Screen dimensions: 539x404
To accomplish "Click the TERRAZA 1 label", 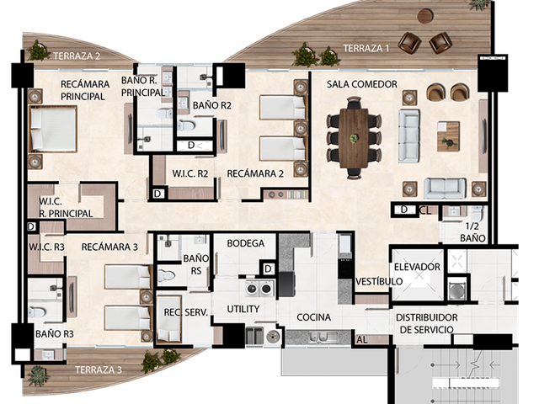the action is pos(366,48).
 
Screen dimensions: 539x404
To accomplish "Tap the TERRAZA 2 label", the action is pos(77,56).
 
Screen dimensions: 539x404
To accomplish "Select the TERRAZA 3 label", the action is pos(99,369).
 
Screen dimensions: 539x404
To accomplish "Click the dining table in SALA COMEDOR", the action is pos(354,138).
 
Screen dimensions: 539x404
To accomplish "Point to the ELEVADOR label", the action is pos(417,267).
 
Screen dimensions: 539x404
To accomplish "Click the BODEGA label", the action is pos(246,243).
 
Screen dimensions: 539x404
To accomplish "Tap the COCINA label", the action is pos(314,316).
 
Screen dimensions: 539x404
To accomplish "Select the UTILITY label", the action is pos(243,309).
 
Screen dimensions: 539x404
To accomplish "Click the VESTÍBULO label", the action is pos(379,281).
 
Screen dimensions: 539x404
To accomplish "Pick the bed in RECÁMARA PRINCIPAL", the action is pos(53,129).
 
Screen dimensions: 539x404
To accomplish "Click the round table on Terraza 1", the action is pos(425,16).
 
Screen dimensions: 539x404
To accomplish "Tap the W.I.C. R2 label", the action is pos(190,173).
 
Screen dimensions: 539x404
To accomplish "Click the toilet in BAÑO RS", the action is pos(167,275).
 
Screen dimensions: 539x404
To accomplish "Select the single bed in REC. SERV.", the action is pos(168,320).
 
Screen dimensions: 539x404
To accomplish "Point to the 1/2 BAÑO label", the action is pos(472,232).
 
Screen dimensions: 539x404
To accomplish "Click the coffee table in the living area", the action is pos(448,136).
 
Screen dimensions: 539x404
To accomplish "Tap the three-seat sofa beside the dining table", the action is pos(409,136).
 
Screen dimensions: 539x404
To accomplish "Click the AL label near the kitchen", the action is pos(361,340).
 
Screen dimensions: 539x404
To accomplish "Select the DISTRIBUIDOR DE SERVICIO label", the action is pos(427,323).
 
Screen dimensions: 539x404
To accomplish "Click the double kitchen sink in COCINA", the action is pos(319,338).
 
